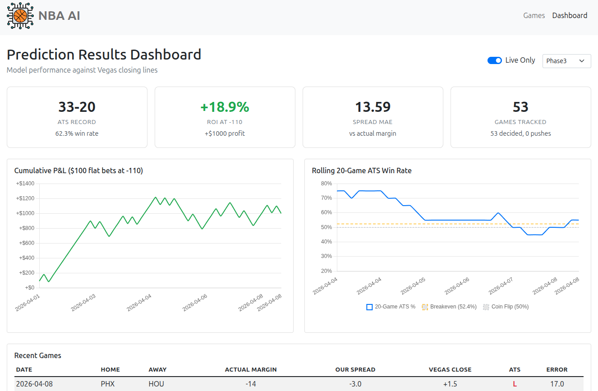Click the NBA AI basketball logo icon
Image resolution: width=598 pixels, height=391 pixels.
[x=20, y=16]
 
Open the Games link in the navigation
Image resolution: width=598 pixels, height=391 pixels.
[x=534, y=15]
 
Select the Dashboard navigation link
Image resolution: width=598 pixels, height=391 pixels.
[x=570, y=15]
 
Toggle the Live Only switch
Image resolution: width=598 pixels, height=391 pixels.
[x=495, y=60]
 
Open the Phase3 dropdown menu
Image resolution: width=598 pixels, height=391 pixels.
[x=566, y=61]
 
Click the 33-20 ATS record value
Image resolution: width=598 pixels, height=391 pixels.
[x=77, y=107]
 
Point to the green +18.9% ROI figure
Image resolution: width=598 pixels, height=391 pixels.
[x=225, y=107]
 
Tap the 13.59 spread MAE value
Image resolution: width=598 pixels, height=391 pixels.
[x=373, y=107]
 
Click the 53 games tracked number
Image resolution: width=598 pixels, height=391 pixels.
[x=520, y=107]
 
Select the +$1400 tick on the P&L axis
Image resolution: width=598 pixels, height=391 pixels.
[x=25, y=184]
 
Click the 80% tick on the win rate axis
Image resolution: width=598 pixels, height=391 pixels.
[x=326, y=184]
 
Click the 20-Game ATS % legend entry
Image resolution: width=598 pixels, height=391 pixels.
[x=391, y=307]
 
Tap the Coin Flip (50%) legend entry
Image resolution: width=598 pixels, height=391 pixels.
[x=506, y=307]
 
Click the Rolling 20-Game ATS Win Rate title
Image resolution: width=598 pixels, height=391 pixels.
[x=362, y=170]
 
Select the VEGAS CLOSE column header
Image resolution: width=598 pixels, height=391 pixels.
[x=450, y=369]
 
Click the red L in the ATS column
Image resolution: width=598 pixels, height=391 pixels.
[x=515, y=384]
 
